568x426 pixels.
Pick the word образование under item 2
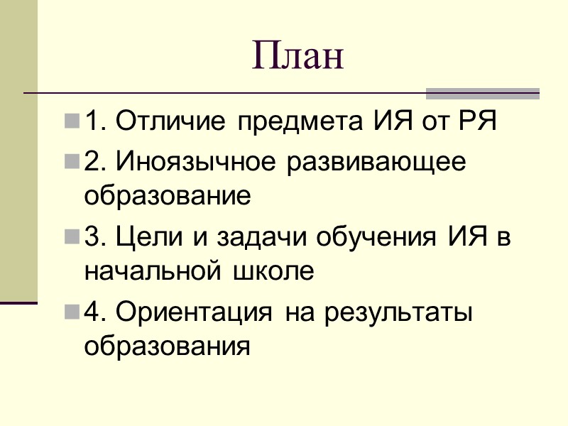coord(168,195)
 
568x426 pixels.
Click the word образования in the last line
coord(168,346)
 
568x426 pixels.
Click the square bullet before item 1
coord(72,123)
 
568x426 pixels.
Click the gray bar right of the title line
coord(483,93)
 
